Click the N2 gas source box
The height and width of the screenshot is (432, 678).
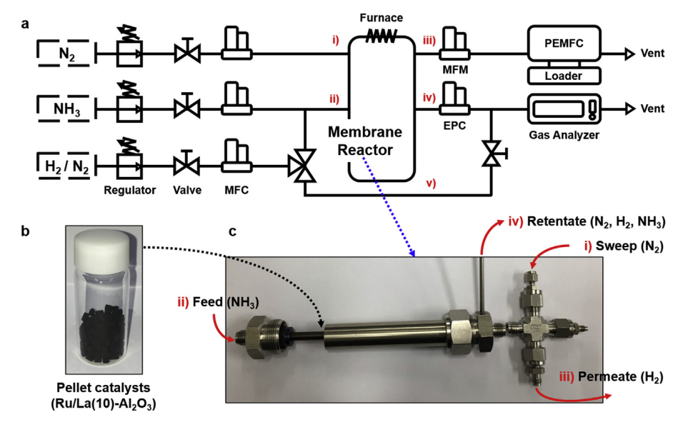tap(64, 53)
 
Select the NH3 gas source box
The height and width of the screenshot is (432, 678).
tap(64, 109)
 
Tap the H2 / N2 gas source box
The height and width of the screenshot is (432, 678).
tap(64, 166)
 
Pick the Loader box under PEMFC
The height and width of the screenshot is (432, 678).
tap(564, 75)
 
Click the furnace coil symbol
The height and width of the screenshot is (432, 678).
tap(379, 37)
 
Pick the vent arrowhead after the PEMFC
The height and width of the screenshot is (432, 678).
tap(630, 53)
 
